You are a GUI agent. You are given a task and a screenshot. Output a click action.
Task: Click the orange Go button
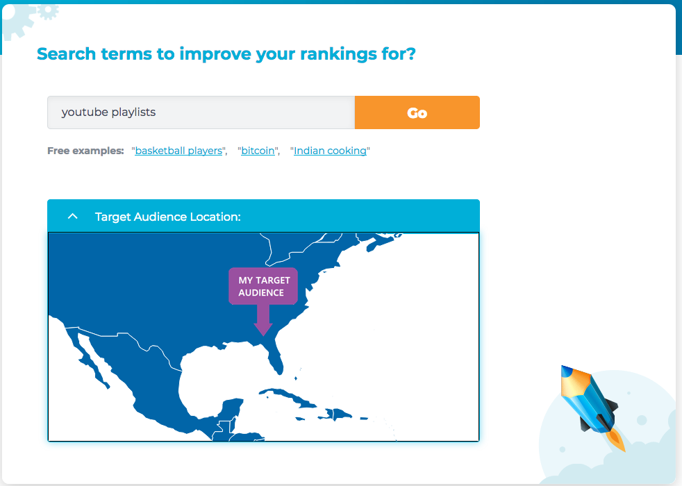pos(417,112)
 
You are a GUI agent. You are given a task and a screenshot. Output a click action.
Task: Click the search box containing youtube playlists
pos(201,112)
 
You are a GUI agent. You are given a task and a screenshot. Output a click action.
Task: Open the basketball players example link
pos(178,151)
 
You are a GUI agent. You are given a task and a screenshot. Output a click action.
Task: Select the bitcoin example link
pos(258,151)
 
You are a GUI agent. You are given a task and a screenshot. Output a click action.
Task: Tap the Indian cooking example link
pos(330,151)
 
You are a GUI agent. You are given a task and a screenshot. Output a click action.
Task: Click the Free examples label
pos(85,151)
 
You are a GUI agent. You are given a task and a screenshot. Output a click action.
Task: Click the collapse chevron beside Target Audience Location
pos(73,216)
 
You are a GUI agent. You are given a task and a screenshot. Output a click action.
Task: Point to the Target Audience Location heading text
pos(168,217)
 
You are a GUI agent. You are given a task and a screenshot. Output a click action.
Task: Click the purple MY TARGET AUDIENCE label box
pos(263,286)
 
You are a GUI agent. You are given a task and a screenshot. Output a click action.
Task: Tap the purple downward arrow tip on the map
pos(263,335)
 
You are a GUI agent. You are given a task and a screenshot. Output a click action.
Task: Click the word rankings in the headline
pos(338,54)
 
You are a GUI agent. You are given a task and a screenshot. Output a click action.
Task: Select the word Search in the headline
pos(66,54)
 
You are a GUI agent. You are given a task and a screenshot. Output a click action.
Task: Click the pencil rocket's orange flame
pos(616,440)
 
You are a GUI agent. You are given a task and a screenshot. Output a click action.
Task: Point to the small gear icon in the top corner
pos(47,10)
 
